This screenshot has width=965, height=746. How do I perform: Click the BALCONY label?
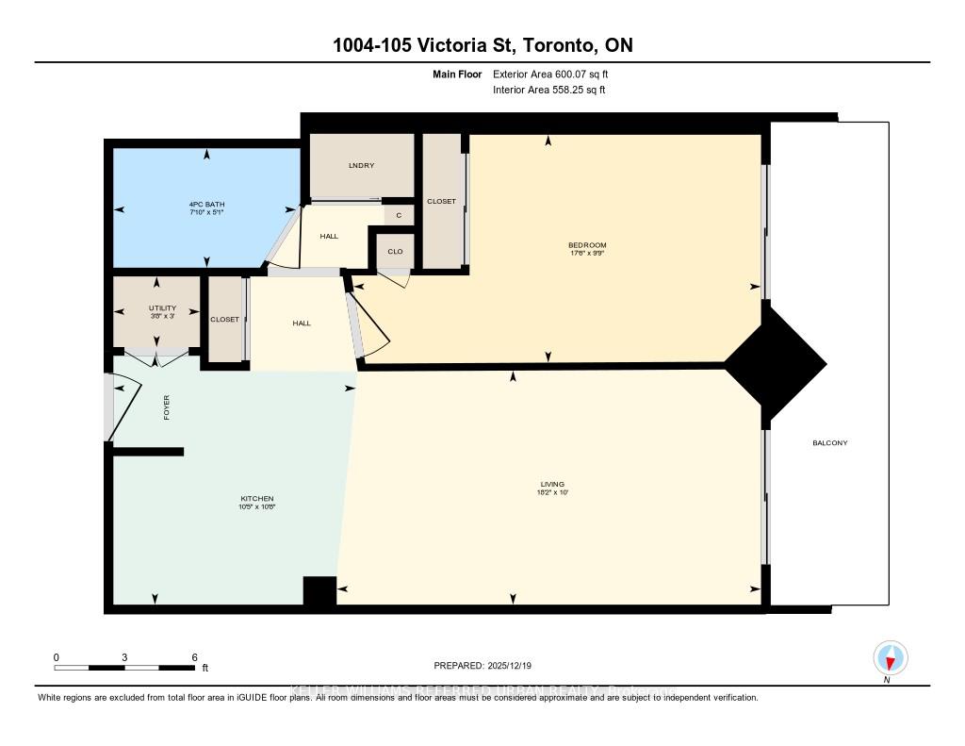point(829,442)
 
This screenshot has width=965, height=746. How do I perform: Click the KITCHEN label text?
point(256,498)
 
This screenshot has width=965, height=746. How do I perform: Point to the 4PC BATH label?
point(206,205)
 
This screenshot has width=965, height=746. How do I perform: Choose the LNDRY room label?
point(361,166)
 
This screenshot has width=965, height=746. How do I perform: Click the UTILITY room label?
point(162,307)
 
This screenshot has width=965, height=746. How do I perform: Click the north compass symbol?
point(890,657)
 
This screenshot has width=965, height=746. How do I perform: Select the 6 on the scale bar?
point(194,656)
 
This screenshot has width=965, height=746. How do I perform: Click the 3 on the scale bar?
point(125,656)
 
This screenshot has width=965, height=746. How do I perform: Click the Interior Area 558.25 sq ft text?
point(548,91)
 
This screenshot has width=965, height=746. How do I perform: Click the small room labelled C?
point(399,216)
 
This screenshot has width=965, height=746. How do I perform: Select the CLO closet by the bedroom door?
point(396,252)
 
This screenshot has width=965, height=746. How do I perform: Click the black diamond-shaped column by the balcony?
point(775,363)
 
